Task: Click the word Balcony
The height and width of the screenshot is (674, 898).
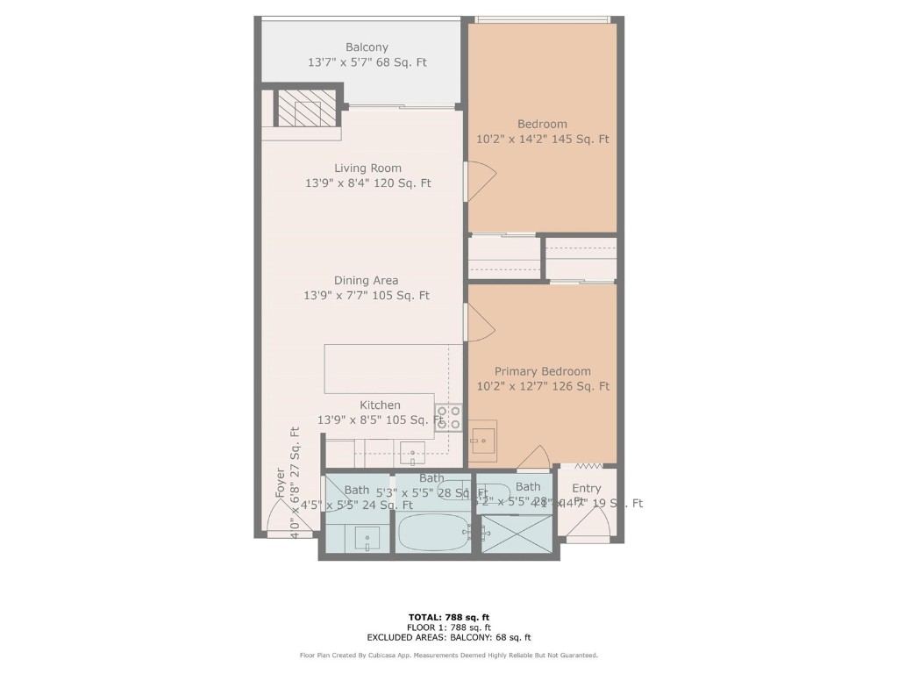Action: click(367, 47)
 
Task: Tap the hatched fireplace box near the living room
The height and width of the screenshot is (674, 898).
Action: click(307, 110)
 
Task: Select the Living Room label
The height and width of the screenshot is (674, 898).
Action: click(367, 168)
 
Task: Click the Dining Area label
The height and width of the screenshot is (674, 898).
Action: click(366, 281)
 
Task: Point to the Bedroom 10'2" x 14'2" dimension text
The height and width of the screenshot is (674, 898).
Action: click(542, 139)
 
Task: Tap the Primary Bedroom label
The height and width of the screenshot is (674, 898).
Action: click(542, 371)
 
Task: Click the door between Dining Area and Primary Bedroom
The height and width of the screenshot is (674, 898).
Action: click(480, 323)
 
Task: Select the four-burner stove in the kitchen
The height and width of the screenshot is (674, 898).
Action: click(449, 418)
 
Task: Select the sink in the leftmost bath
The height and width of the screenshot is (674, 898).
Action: click(367, 538)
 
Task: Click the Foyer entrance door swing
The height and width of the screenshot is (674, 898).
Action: click(282, 524)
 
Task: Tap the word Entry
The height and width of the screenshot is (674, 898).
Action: click(587, 489)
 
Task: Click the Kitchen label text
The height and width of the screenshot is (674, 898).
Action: click(380, 405)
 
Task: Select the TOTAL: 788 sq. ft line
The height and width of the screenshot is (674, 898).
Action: click(448, 617)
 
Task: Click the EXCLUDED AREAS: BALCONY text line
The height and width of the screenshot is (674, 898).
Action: click(448, 638)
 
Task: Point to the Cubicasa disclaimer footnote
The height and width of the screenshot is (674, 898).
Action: click(448, 656)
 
